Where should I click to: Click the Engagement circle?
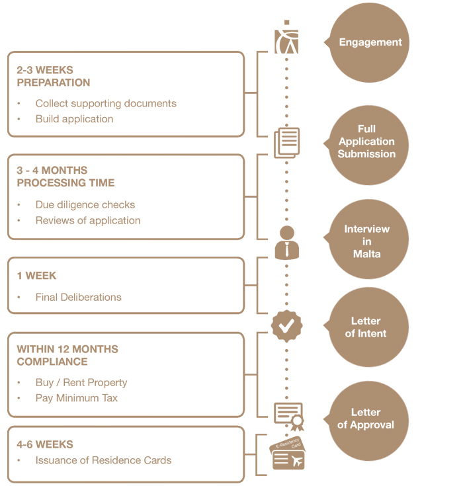(x=370, y=42)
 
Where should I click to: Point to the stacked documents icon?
(x=287, y=143)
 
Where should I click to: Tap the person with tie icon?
(x=286, y=242)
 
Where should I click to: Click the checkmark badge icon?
(x=286, y=325)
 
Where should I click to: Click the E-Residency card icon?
(x=287, y=454)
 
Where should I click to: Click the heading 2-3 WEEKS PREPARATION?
(x=54, y=76)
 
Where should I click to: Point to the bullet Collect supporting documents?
(x=106, y=103)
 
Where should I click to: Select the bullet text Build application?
(x=74, y=119)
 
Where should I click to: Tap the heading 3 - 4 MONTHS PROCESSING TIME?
(x=65, y=177)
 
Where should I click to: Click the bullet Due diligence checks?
(x=85, y=204)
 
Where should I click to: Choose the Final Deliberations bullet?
(x=79, y=297)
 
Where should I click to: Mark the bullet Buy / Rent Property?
(x=81, y=382)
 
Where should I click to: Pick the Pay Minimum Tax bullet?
(x=77, y=398)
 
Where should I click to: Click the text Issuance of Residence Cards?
(x=103, y=460)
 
